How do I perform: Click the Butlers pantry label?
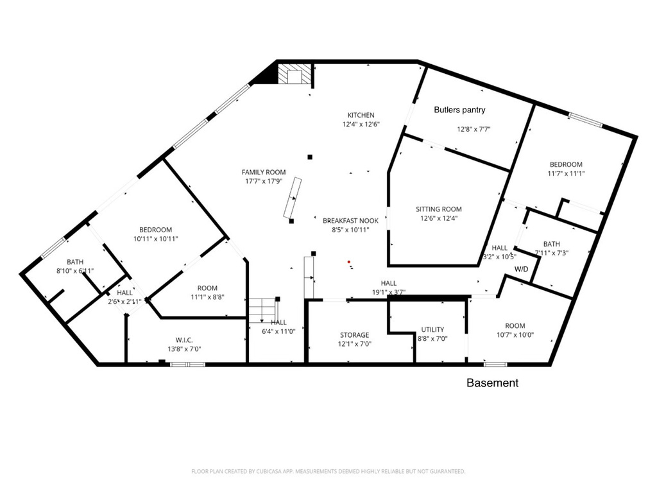point(459,110)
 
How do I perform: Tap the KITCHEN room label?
point(361,116)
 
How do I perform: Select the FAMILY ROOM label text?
point(264,172)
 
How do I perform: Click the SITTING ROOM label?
point(439,209)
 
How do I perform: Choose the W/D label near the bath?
point(521,269)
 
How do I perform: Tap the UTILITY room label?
point(432,329)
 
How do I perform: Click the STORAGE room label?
point(354,335)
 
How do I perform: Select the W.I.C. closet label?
point(184,340)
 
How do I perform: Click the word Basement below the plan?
point(492,383)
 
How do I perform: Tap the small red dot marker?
point(349,262)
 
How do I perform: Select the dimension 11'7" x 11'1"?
point(566,173)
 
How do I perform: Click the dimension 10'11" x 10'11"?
point(156,239)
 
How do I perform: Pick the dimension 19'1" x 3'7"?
point(388,292)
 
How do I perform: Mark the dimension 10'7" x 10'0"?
point(515,334)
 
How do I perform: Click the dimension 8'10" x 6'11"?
point(75,271)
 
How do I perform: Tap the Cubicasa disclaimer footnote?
point(328,471)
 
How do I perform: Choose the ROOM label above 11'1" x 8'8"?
point(207,288)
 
